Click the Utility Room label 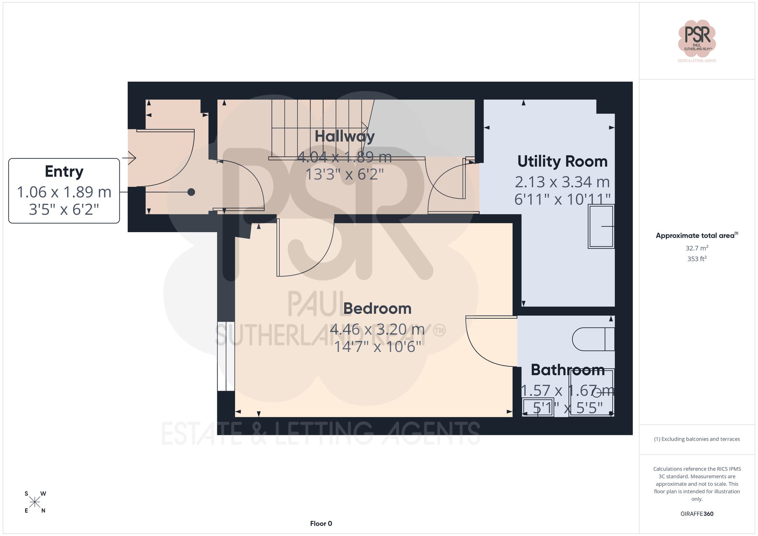click(x=562, y=162)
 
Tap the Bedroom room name click(x=377, y=309)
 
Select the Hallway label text click(x=345, y=136)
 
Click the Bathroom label click(x=567, y=370)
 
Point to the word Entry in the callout click(x=64, y=172)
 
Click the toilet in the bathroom click(x=593, y=339)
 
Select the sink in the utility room click(x=601, y=227)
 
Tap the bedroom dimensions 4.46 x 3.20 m click(x=377, y=329)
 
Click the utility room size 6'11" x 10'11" click(x=562, y=199)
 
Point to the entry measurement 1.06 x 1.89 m click(x=64, y=192)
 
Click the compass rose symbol click(x=35, y=502)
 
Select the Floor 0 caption click(x=321, y=523)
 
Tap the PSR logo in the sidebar click(x=697, y=39)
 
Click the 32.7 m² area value click(x=697, y=248)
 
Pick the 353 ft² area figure click(x=697, y=259)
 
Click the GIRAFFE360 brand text click(x=697, y=514)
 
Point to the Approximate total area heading click(x=697, y=235)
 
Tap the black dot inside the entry click(x=191, y=192)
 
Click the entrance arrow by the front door click(x=130, y=158)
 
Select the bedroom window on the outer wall click(x=226, y=356)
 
